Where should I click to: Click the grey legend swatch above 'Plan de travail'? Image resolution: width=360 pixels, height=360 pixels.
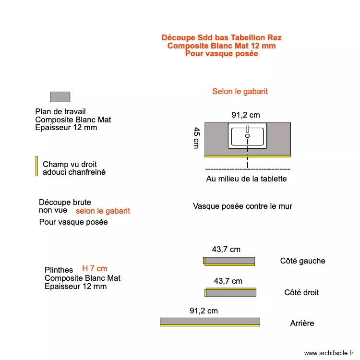[x=60, y=97]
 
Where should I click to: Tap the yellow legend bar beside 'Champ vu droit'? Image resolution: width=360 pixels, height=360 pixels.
[x=37, y=166]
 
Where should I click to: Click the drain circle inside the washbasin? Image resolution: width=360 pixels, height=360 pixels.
[x=247, y=136]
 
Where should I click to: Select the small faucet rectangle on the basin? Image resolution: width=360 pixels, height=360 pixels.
[x=248, y=129]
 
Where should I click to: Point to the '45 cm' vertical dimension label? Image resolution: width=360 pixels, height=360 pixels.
[x=196, y=138]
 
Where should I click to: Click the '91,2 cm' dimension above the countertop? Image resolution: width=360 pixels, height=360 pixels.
[x=246, y=115]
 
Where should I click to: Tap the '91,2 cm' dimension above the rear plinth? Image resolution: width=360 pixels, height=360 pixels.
[x=204, y=311]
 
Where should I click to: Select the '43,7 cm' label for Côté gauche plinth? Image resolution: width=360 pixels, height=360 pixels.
[x=226, y=249]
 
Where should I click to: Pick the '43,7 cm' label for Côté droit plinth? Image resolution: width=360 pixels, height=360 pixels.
[x=228, y=281]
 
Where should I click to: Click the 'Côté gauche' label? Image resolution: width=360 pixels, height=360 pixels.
[x=302, y=261]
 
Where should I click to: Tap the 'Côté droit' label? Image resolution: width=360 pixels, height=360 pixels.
[x=301, y=292]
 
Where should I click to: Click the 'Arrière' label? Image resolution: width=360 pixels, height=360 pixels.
[x=302, y=323]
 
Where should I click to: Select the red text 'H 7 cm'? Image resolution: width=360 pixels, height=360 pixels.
[x=95, y=268]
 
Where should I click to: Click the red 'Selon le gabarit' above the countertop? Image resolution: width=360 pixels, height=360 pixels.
[x=240, y=91]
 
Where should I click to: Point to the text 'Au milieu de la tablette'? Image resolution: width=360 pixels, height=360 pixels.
[x=246, y=179]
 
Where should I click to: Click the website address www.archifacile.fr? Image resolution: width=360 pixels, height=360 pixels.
[x=329, y=353]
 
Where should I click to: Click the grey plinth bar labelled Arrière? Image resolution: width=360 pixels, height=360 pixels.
[x=210, y=321]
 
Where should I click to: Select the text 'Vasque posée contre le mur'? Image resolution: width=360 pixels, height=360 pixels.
[x=242, y=206]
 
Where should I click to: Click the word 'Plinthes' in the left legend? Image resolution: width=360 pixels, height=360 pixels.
[x=59, y=270]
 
